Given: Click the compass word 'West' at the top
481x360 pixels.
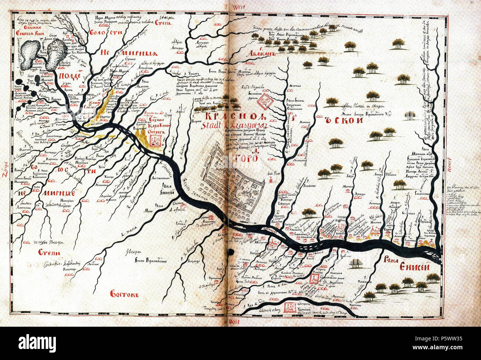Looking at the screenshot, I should click(239, 7).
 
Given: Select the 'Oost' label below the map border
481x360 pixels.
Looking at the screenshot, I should click(234, 322).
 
